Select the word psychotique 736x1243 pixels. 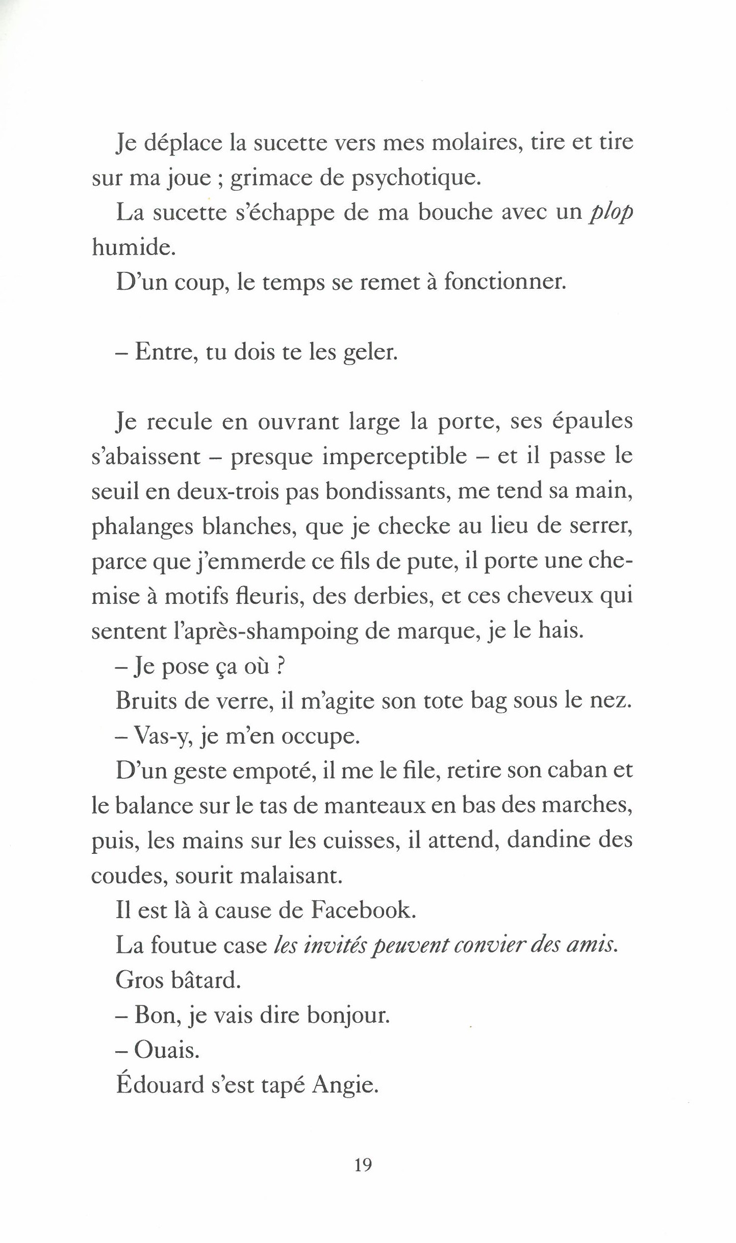(x=416, y=179)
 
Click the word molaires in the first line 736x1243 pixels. (x=475, y=142)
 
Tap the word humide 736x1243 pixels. (x=134, y=248)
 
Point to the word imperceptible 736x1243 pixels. (x=394, y=458)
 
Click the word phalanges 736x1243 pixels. (x=142, y=527)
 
